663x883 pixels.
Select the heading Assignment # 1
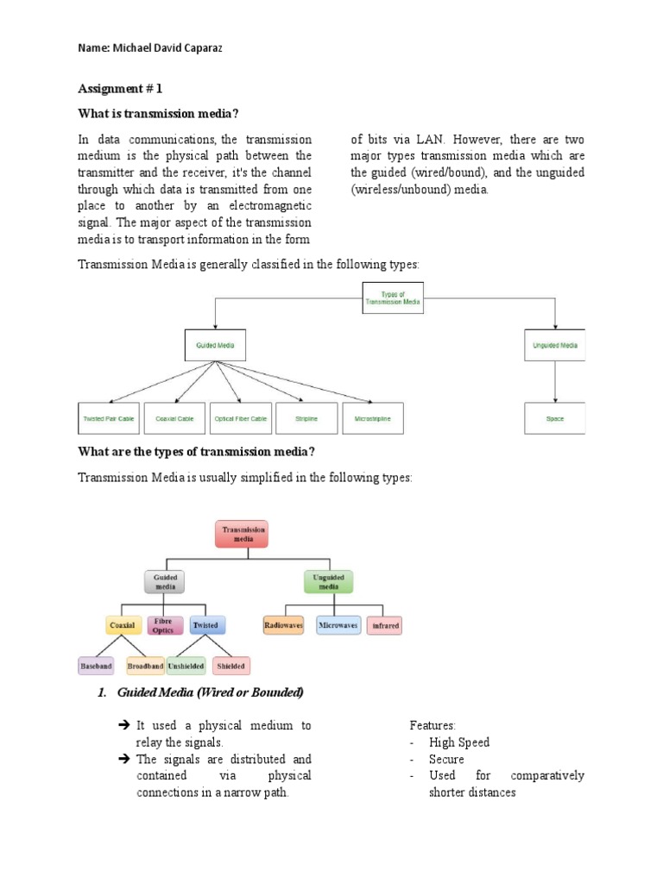coord(120,88)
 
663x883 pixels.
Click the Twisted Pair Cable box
coord(109,418)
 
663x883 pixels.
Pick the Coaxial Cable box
coord(174,418)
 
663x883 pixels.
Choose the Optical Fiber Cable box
coord(241,418)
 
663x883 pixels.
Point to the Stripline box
coord(306,418)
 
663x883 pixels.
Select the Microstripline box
coord(372,418)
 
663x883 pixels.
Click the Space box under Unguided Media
coord(554,418)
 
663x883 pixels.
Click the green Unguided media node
coord(330,582)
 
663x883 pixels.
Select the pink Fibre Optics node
coord(163,625)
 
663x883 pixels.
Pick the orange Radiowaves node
coord(282,625)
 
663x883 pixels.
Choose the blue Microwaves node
coord(338,625)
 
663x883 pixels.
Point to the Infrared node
coord(385,625)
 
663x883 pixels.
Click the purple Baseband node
coord(96,666)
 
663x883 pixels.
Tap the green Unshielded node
coord(186,666)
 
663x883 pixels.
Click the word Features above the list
coord(433,726)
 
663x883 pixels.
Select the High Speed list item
coord(459,742)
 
